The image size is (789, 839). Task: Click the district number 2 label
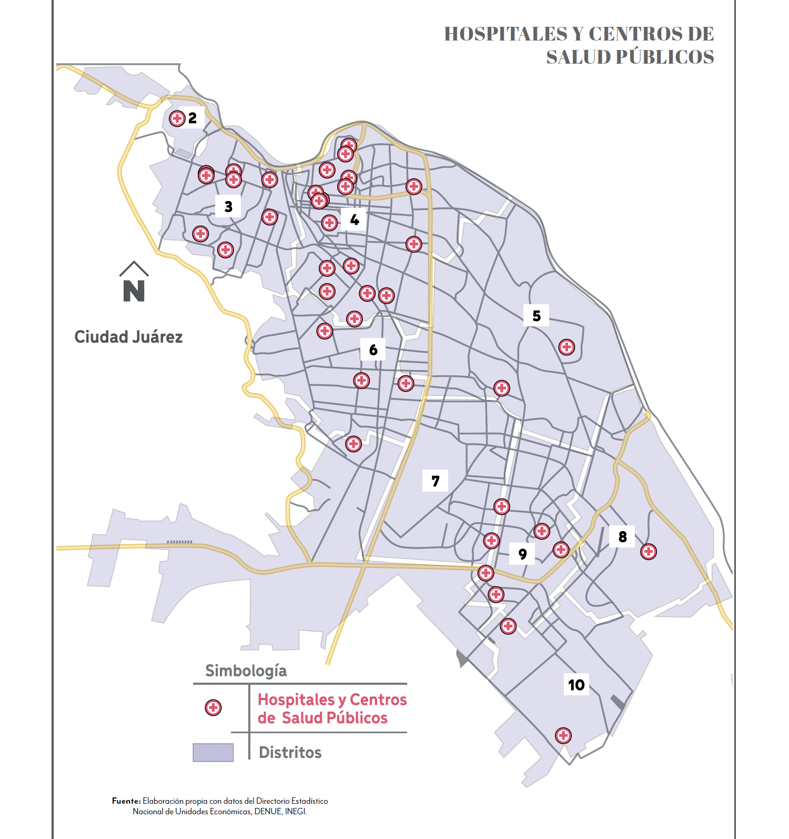(193, 118)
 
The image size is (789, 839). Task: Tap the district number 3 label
(228, 206)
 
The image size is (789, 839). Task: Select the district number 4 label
(355, 219)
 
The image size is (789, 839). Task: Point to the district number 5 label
(537, 316)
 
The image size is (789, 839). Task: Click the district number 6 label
(373, 349)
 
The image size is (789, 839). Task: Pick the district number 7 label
(436, 481)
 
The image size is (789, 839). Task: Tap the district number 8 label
(623, 536)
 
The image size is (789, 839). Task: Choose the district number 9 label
(522, 554)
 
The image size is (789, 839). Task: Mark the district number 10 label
(576, 685)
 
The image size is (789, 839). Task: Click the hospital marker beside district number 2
(177, 118)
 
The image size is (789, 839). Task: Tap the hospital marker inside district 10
(563, 735)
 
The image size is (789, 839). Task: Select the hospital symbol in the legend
(213, 707)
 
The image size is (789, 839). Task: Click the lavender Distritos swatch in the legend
(213, 753)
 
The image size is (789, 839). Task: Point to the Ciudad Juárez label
(128, 337)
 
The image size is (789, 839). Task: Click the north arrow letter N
(134, 291)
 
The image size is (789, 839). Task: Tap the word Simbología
(246, 671)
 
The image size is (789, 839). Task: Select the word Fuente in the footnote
(126, 801)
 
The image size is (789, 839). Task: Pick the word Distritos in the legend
(290, 753)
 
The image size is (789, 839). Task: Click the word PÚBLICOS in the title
(665, 57)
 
